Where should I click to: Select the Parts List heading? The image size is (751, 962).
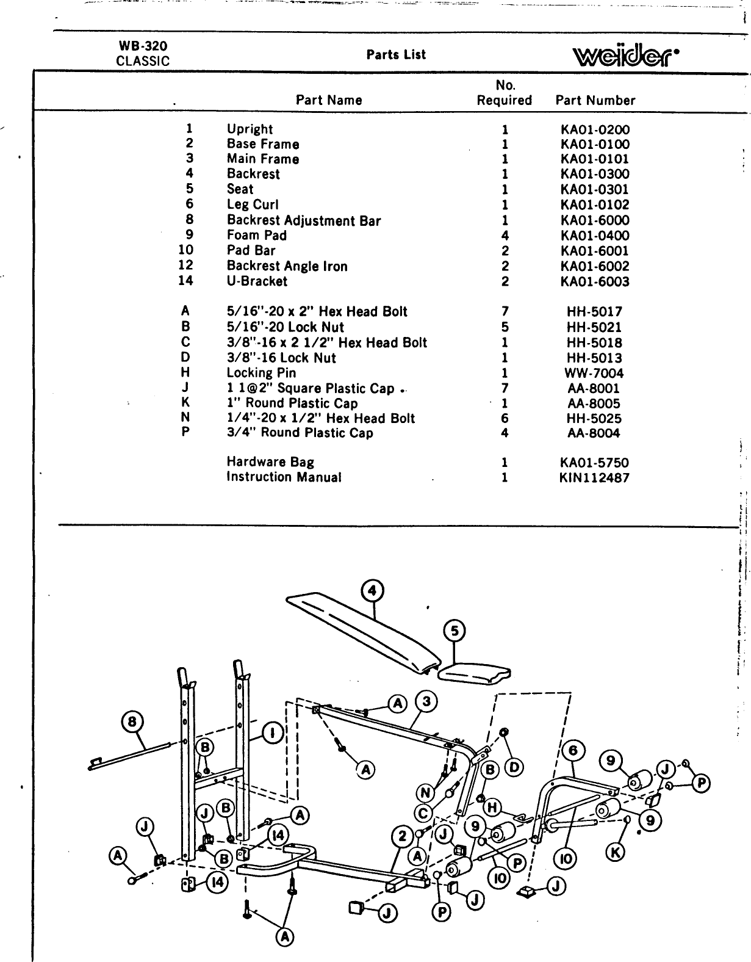pos(396,55)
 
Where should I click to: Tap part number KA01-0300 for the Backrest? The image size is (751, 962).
pos(595,175)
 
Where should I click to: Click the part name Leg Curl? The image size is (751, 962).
pos(253,205)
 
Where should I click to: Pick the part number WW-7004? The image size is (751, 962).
pos(595,374)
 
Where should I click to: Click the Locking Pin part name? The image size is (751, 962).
pos(261,373)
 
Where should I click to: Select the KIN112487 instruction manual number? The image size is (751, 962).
pos(594,478)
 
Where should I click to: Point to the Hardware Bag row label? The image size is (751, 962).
pos(270,463)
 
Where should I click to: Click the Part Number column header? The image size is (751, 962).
pos(595,101)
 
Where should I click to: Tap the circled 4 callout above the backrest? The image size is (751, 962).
pos(372,591)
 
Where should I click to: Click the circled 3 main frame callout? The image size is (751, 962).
pos(426,702)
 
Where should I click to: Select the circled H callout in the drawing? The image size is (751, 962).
pos(491,808)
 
